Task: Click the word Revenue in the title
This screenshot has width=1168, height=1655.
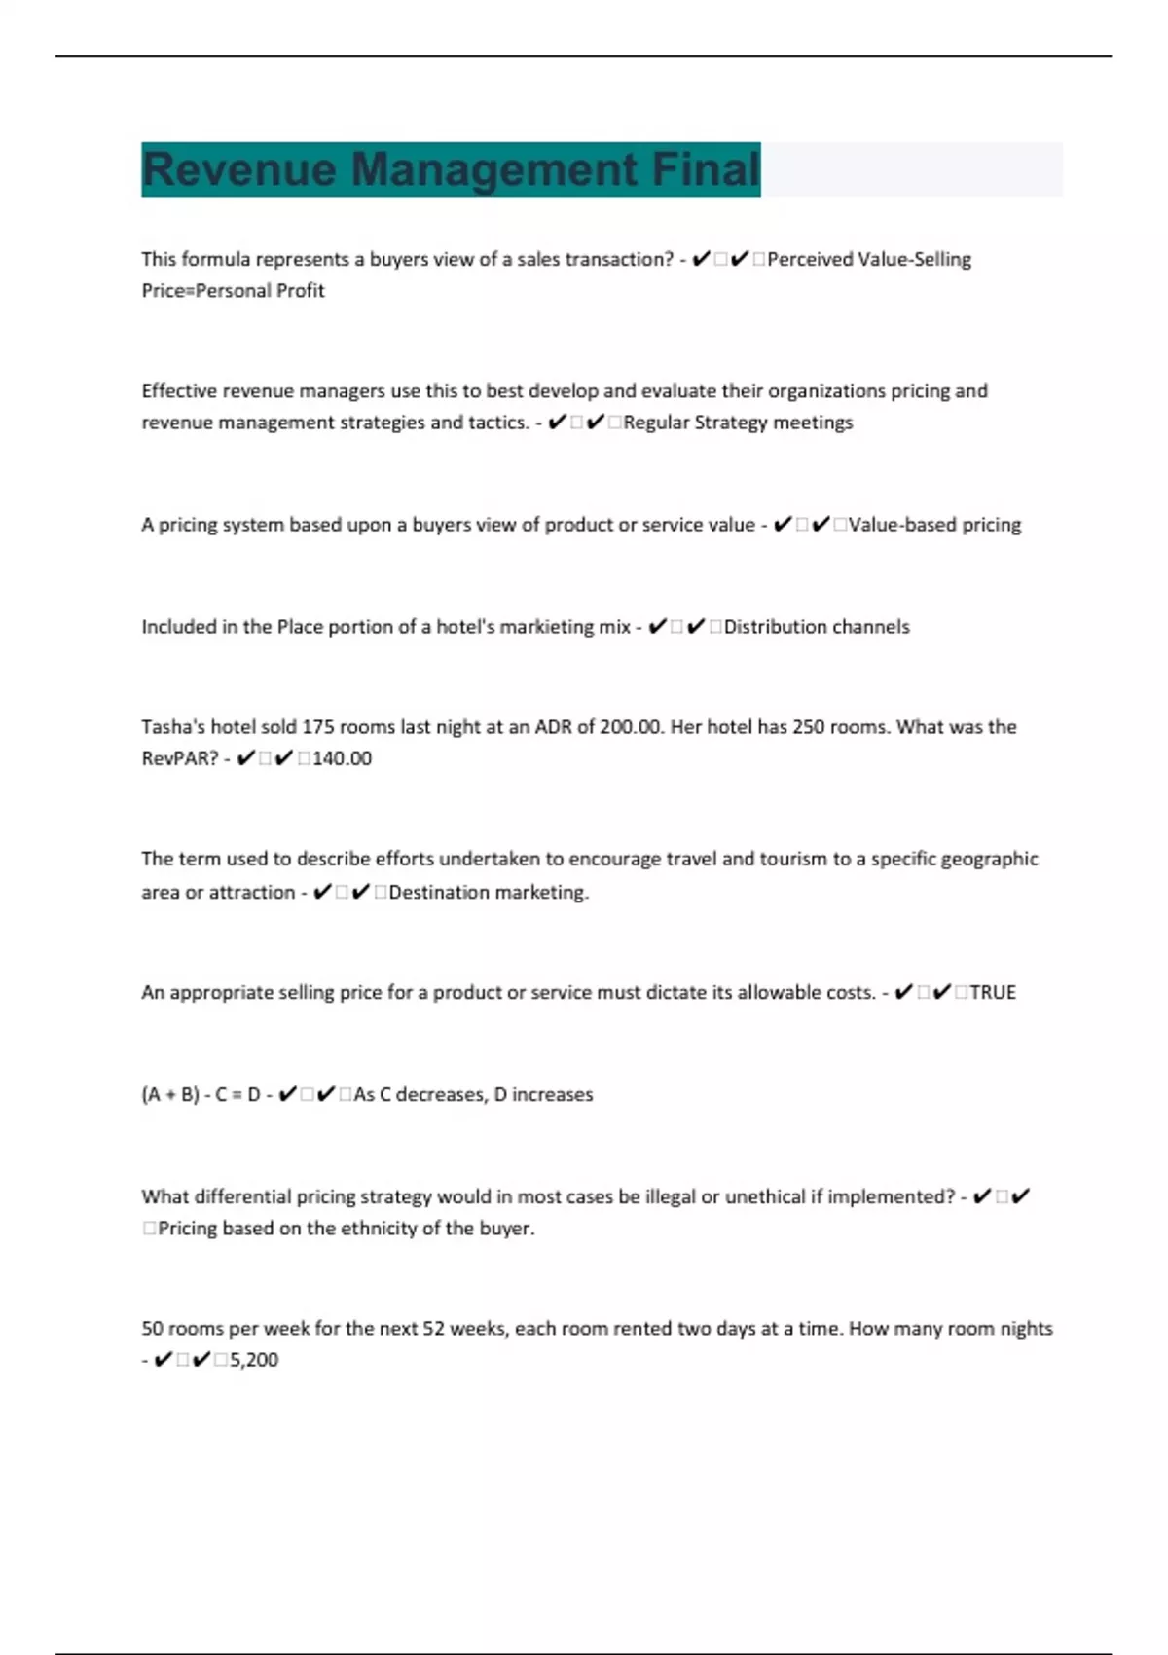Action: (x=240, y=169)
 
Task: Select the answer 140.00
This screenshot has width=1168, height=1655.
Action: (x=342, y=758)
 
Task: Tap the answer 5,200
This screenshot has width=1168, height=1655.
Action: (x=254, y=1360)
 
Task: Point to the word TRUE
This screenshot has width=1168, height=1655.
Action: (x=993, y=992)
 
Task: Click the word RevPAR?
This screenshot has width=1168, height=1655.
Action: (x=180, y=758)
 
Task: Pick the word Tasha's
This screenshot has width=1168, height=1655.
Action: (x=172, y=727)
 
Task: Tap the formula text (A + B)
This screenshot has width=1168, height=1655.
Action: (x=170, y=1094)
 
